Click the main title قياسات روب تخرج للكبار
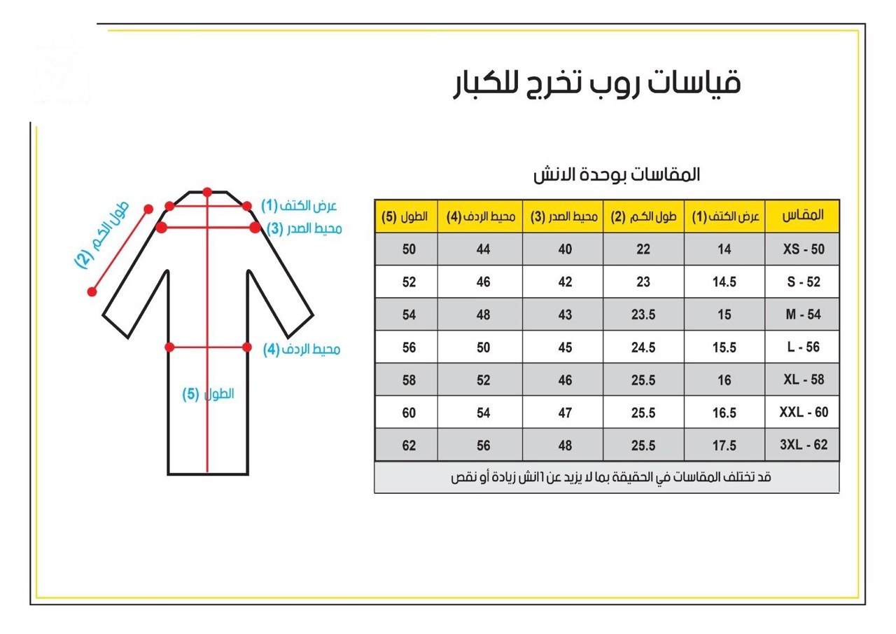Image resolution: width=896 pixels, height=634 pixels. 594,83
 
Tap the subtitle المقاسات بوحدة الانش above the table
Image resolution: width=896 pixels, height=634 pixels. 616,175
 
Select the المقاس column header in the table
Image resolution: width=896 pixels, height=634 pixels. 803,216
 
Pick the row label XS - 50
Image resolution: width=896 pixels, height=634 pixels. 803,249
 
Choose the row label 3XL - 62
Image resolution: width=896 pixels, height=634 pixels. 803,446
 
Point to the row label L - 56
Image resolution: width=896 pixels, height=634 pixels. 803,347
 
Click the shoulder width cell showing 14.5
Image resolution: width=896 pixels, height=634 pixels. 724,282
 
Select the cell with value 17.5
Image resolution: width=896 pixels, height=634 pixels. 724,446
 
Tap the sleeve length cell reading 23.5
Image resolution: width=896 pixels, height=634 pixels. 643,315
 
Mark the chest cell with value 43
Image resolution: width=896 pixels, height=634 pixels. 565,315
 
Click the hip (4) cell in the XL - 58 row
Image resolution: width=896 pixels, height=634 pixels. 483,380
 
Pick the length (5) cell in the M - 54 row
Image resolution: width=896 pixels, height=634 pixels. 409,315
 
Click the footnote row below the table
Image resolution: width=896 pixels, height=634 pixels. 606,477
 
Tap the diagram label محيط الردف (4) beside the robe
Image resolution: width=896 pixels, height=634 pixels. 302,349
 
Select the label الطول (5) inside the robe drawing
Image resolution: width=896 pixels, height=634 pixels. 209,394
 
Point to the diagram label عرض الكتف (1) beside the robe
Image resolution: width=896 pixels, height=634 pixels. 299,205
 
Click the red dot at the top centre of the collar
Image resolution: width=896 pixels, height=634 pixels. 206,191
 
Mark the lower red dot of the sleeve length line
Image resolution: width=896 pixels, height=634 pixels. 92,291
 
